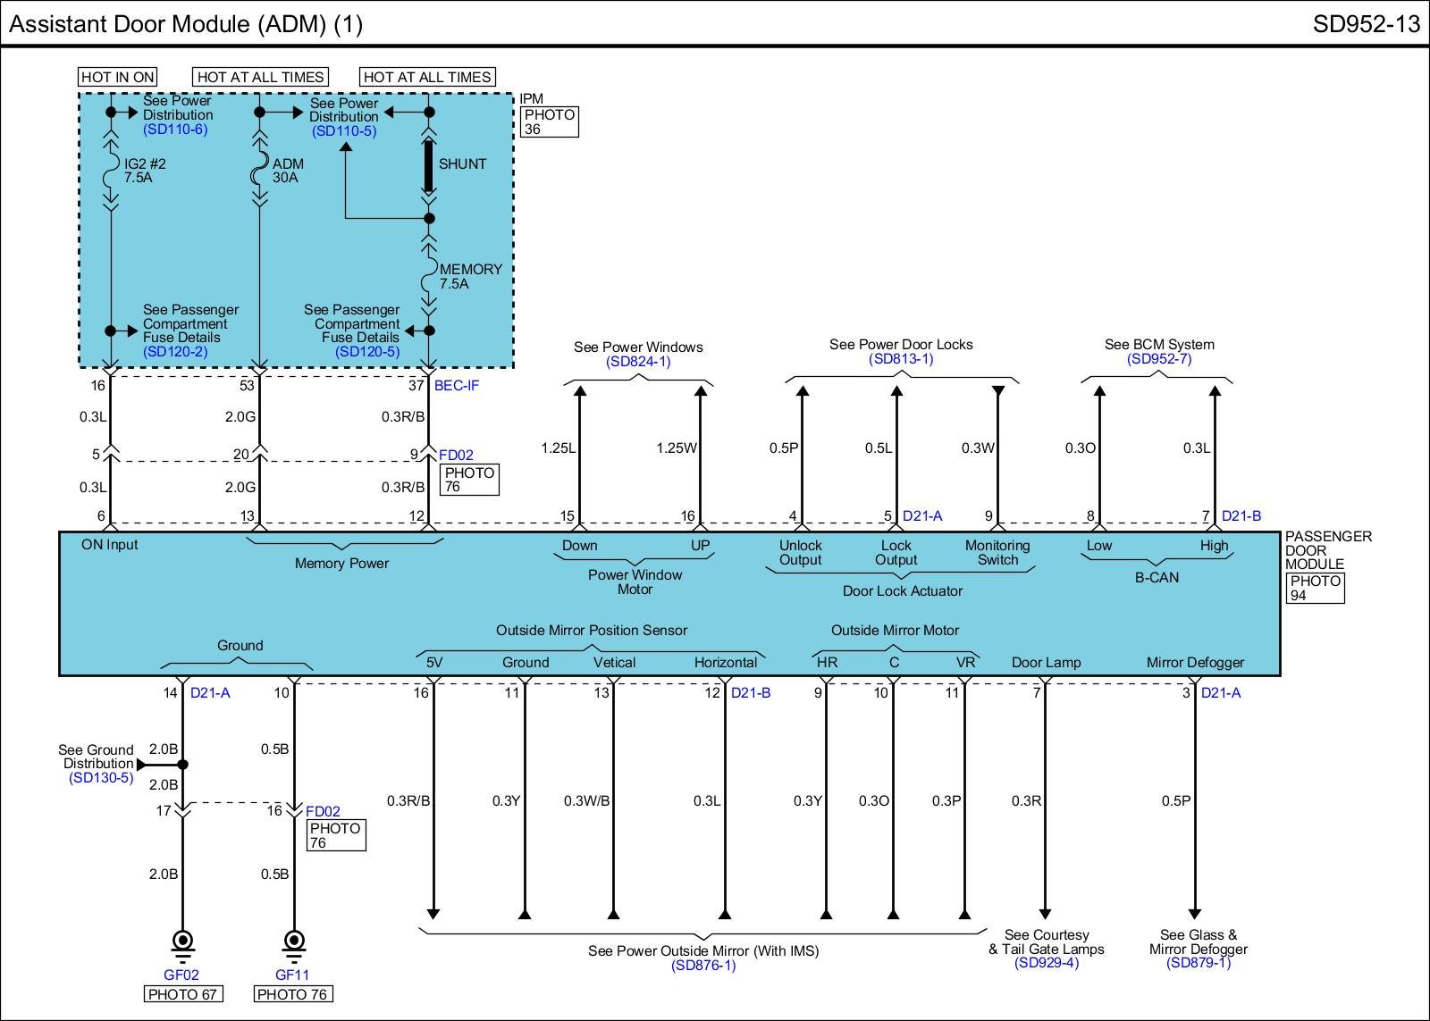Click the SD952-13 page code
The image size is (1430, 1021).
pyautogui.click(x=1366, y=24)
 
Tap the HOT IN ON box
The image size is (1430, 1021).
pyautogui.click(x=117, y=77)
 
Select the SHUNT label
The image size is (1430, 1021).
pyautogui.click(x=462, y=164)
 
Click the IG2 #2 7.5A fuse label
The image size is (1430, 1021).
pyautogui.click(x=144, y=171)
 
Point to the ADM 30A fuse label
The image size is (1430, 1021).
pyautogui.click(x=288, y=171)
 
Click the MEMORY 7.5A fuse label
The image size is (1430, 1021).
pyautogui.click(x=470, y=276)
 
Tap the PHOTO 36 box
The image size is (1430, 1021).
pyautogui.click(x=549, y=121)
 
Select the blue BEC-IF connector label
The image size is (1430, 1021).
pyautogui.click(x=457, y=386)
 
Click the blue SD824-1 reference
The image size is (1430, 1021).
pyautogui.click(x=638, y=362)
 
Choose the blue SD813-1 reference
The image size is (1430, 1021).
pyautogui.click(x=901, y=359)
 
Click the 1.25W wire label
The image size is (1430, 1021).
pyautogui.click(x=676, y=448)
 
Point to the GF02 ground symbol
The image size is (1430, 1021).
pyautogui.click(x=182, y=944)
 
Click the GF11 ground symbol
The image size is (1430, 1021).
pyautogui.click(x=292, y=944)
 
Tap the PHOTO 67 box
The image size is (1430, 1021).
pyautogui.click(x=182, y=994)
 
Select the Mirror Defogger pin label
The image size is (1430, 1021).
pyautogui.click(x=1195, y=663)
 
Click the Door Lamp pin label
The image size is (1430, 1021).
pyautogui.click(x=1046, y=663)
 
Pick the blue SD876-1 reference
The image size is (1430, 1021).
pyautogui.click(x=703, y=966)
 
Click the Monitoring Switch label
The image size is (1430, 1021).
pyautogui.click(x=997, y=553)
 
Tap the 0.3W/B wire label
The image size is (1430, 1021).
pyautogui.click(x=586, y=801)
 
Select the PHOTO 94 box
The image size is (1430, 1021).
pyautogui.click(x=1316, y=588)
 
